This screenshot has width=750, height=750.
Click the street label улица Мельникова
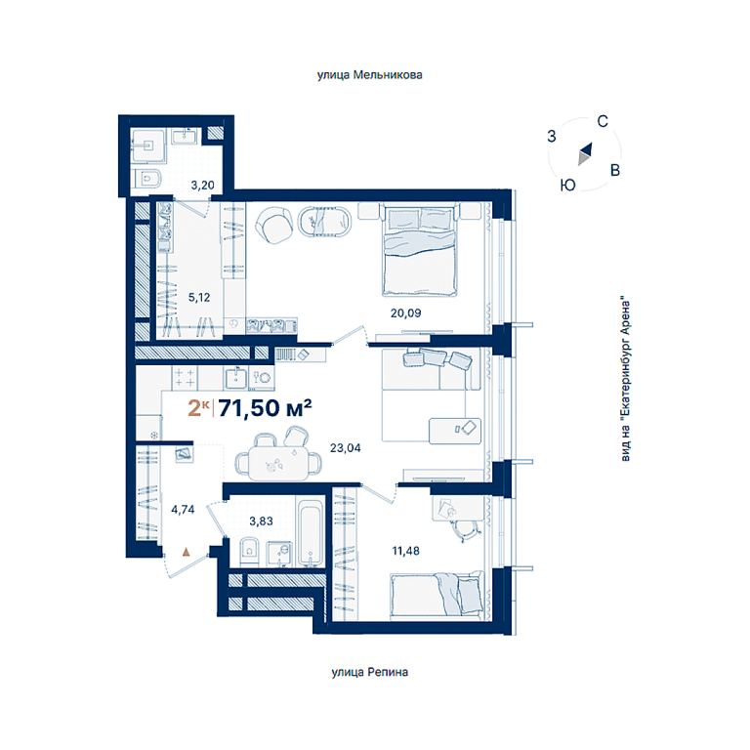370,75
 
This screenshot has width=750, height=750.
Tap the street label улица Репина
370,672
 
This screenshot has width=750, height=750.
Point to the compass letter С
603,121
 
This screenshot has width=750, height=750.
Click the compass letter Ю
567,186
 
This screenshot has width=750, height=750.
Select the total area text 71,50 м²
266,408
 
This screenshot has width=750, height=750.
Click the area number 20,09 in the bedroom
405,313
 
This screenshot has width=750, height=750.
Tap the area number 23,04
346,448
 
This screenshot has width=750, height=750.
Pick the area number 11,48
405,551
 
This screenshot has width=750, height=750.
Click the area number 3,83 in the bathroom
261,521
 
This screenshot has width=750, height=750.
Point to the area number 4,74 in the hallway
183,510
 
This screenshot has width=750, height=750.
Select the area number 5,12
199,298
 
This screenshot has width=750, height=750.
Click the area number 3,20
202,186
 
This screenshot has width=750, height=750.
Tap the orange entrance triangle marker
187,553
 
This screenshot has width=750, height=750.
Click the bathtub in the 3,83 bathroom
311,532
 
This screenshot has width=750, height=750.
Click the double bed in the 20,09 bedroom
420,250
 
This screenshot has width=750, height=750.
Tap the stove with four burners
185,377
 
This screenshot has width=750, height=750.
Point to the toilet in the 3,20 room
148,179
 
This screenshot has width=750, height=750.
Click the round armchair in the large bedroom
274,226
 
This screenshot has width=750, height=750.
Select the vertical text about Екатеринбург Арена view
626,381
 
